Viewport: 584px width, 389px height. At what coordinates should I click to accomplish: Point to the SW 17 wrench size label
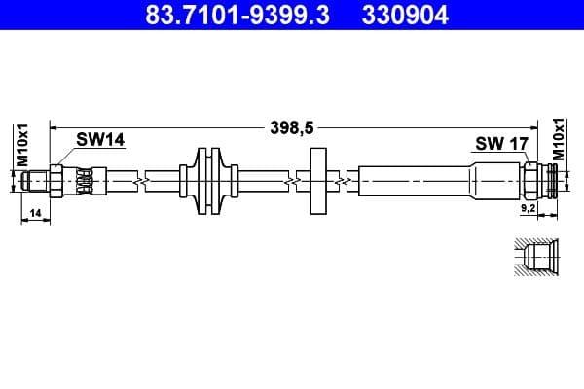[500, 144]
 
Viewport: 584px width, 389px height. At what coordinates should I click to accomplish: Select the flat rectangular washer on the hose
[317, 181]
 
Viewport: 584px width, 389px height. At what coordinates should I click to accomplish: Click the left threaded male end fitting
[40, 181]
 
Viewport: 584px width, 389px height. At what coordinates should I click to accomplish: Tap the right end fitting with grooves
[552, 181]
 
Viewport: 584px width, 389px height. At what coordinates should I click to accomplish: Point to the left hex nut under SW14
[58, 181]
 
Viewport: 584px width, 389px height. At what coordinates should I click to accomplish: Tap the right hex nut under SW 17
[530, 181]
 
